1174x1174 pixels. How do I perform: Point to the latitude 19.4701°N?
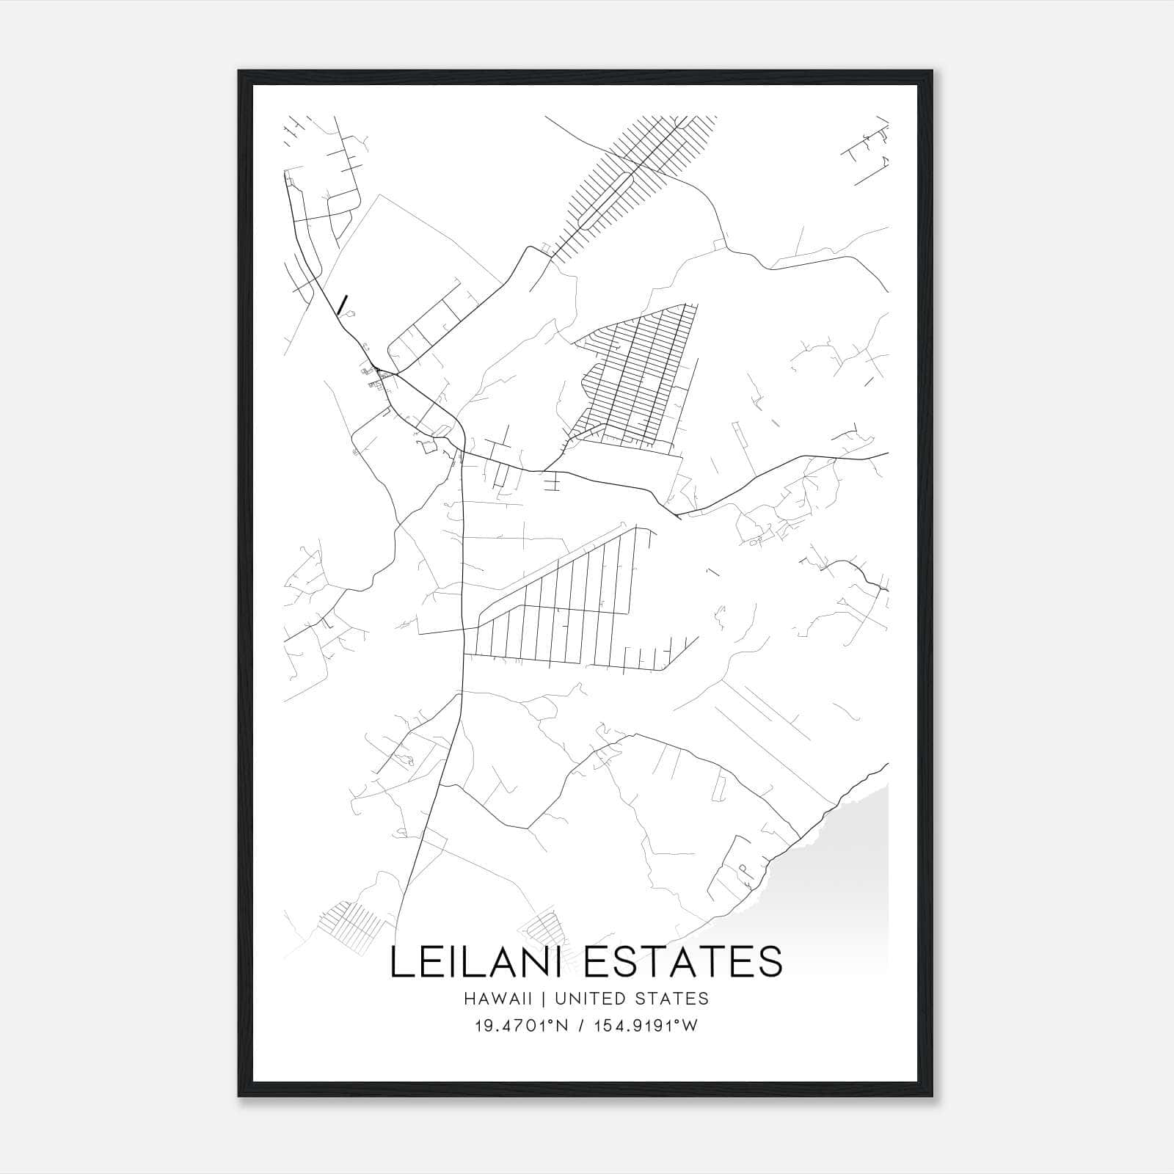(520, 1026)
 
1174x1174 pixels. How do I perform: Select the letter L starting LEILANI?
(401, 962)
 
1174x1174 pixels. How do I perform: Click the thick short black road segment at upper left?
(342, 305)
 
